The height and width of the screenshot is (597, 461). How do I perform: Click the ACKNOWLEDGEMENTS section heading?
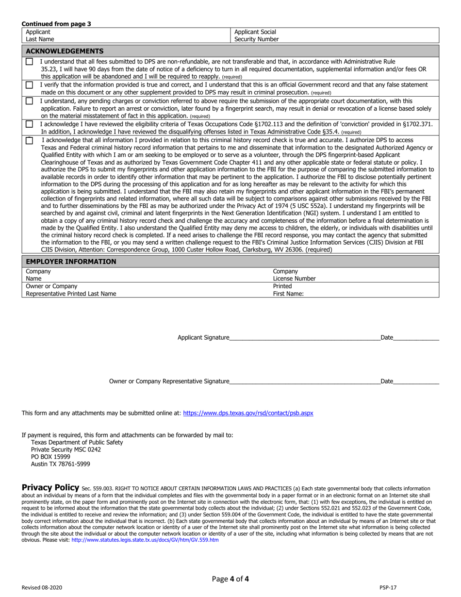(x=65, y=51)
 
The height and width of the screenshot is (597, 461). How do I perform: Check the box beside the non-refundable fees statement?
(x=30, y=62)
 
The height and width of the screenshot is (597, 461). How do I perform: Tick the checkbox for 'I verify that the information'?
(x=30, y=85)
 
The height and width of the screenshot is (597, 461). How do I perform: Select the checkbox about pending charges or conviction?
(x=30, y=101)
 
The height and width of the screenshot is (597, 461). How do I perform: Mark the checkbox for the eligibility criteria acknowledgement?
(x=30, y=124)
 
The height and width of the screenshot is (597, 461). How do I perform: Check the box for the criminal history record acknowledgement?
(x=30, y=141)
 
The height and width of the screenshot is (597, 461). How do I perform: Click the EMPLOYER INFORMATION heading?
(x=71, y=262)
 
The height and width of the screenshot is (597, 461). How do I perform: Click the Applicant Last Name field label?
(x=40, y=35)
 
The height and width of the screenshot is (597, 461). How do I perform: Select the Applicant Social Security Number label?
(x=256, y=35)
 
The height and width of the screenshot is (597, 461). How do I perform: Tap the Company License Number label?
(x=294, y=275)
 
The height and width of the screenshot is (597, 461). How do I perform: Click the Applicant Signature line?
(x=304, y=338)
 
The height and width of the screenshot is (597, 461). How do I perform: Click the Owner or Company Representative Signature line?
(x=304, y=381)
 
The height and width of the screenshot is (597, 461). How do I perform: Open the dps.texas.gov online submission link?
(x=248, y=413)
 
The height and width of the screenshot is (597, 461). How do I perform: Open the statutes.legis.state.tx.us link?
(x=145, y=540)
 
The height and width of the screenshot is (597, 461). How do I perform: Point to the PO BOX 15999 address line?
(x=50, y=457)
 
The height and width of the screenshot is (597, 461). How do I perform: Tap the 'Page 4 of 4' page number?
(x=230, y=579)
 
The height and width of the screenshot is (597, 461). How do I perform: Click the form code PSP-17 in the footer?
(x=388, y=587)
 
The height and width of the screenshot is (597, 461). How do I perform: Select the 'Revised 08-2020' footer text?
(x=42, y=587)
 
